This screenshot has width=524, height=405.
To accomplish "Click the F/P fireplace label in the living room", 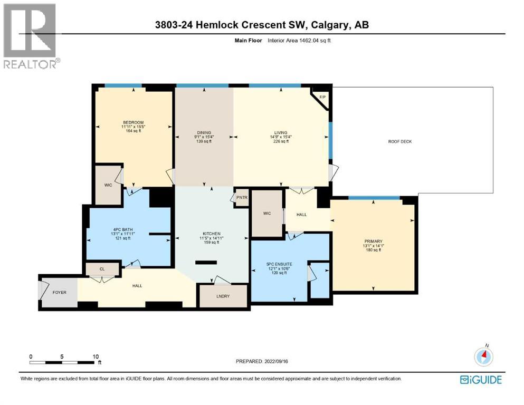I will point(322,97).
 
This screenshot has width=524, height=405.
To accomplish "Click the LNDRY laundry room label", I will point(223,296).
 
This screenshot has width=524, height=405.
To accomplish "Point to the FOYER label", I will point(59,292).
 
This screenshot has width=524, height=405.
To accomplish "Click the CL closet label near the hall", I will point(102,269).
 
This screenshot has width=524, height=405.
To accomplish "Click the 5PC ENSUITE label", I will point(280,264).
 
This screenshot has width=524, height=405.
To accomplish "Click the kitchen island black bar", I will point(206,262).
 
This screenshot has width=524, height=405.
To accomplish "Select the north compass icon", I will point(483,356).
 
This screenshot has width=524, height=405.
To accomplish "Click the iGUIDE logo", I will point(481,379).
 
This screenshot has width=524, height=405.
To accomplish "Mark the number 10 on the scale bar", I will point(96,356).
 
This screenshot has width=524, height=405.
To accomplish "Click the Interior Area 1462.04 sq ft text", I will point(305,40).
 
